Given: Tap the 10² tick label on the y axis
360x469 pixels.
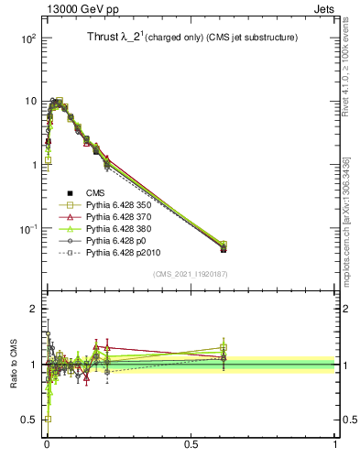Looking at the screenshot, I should tap(27, 38).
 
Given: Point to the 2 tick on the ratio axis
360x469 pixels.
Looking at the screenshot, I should tap(34, 309).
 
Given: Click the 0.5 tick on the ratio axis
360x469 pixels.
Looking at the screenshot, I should tap(30, 420).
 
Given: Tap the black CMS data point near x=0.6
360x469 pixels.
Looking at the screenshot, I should tap(224, 249).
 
